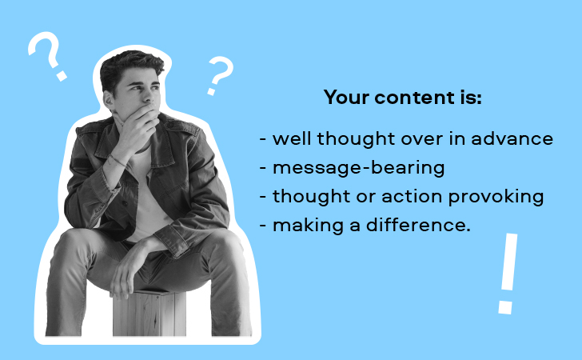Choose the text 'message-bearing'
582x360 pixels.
click(358, 168)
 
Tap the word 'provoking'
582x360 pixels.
click(496, 197)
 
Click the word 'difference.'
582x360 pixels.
click(418, 225)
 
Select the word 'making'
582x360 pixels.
click(308, 226)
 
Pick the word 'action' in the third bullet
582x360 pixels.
click(412, 197)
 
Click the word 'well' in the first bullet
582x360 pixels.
click(292, 138)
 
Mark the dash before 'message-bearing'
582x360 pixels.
click(263, 168)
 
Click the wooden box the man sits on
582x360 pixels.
click(149, 313)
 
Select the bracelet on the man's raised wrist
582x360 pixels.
click(118, 160)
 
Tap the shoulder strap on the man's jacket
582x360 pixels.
click(183, 127)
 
